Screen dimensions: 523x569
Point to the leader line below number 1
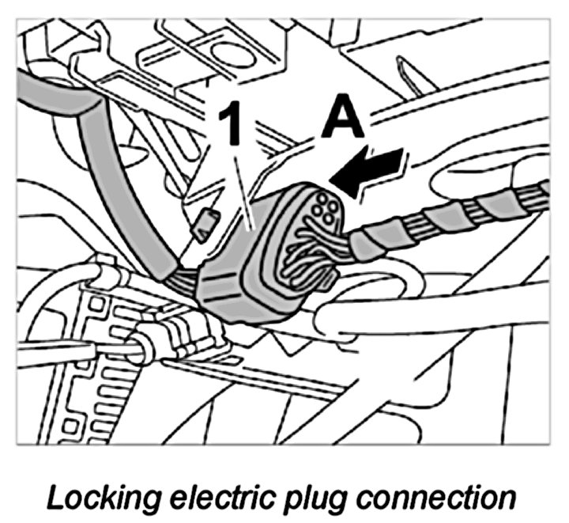pyautogui.click(x=244, y=190)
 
